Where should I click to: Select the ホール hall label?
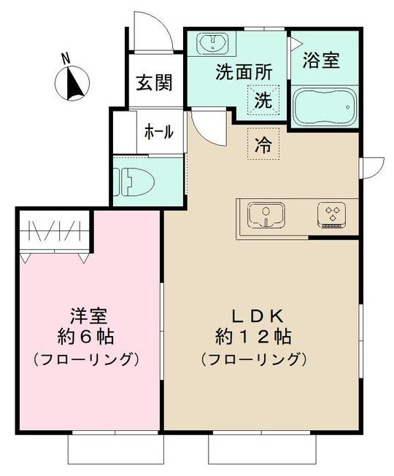pos(158,132)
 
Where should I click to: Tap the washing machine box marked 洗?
pos(262,100)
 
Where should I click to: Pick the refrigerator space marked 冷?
pos(263,144)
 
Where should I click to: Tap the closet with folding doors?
pos(54,232)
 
